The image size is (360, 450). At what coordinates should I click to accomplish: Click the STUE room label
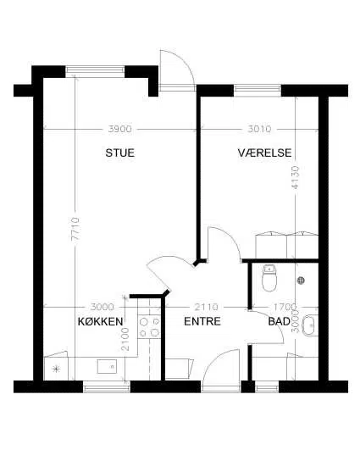click(x=120, y=153)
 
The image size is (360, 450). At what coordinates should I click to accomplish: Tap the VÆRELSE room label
click(x=264, y=153)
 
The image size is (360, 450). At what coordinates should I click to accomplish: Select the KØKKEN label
click(x=101, y=321)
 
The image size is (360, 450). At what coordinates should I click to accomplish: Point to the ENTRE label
click(x=202, y=321)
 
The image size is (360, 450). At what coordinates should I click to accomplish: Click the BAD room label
click(x=280, y=321)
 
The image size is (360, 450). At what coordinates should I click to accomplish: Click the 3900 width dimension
click(x=120, y=129)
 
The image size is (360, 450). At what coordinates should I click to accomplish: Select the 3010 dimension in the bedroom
click(x=259, y=129)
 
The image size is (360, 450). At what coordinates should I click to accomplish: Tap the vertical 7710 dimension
click(x=75, y=229)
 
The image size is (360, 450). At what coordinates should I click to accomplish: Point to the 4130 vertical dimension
click(x=295, y=177)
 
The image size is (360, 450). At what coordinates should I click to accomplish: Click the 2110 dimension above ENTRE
click(x=206, y=307)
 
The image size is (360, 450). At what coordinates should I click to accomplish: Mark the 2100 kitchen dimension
click(x=125, y=339)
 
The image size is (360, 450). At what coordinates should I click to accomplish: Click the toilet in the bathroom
click(x=269, y=278)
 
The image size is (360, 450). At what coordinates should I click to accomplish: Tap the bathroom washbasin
click(x=310, y=325)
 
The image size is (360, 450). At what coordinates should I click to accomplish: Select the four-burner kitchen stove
click(x=149, y=327)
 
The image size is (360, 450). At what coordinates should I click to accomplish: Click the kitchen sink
click(x=107, y=366)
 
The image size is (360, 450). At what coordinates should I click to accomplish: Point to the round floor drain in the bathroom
click(x=301, y=281)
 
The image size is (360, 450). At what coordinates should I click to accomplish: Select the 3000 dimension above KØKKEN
click(x=102, y=307)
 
